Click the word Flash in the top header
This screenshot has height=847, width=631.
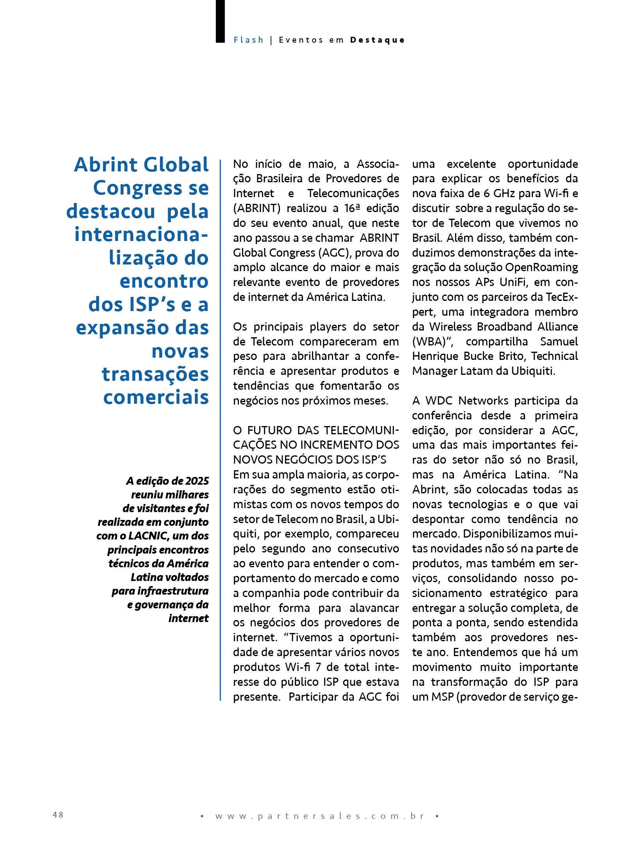(249, 40)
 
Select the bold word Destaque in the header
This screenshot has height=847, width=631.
(377, 40)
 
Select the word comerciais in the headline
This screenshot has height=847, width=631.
(156, 397)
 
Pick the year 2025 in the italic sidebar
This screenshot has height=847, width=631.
(197, 481)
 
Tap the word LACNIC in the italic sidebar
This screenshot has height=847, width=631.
(148, 536)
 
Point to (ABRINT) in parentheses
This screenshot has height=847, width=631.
(257, 208)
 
